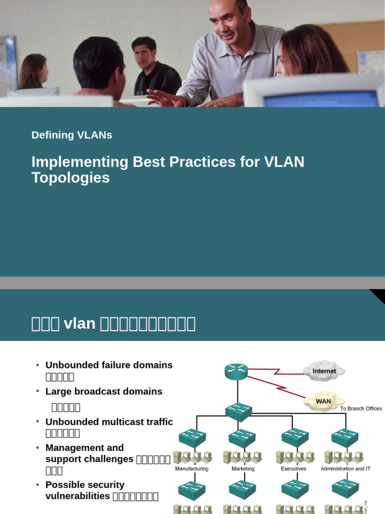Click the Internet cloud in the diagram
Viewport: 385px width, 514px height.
[x=324, y=371]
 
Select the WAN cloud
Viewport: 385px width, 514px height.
[x=323, y=401]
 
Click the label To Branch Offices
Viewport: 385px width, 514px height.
[x=361, y=409]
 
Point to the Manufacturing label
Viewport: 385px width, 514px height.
[x=191, y=469]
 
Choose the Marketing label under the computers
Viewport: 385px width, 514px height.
[x=243, y=469]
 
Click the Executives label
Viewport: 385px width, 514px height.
[x=294, y=469]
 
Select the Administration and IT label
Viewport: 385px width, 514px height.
[x=345, y=469]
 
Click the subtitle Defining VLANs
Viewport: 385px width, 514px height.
[x=72, y=135]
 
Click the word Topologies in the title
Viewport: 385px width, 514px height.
[x=70, y=178]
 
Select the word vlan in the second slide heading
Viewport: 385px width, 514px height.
[x=80, y=324]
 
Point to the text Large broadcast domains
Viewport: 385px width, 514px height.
[x=104, y=392]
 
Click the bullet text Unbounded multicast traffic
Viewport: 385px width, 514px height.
[x=109, y=422]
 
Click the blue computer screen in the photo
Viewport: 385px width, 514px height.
[x=321, y=99]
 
